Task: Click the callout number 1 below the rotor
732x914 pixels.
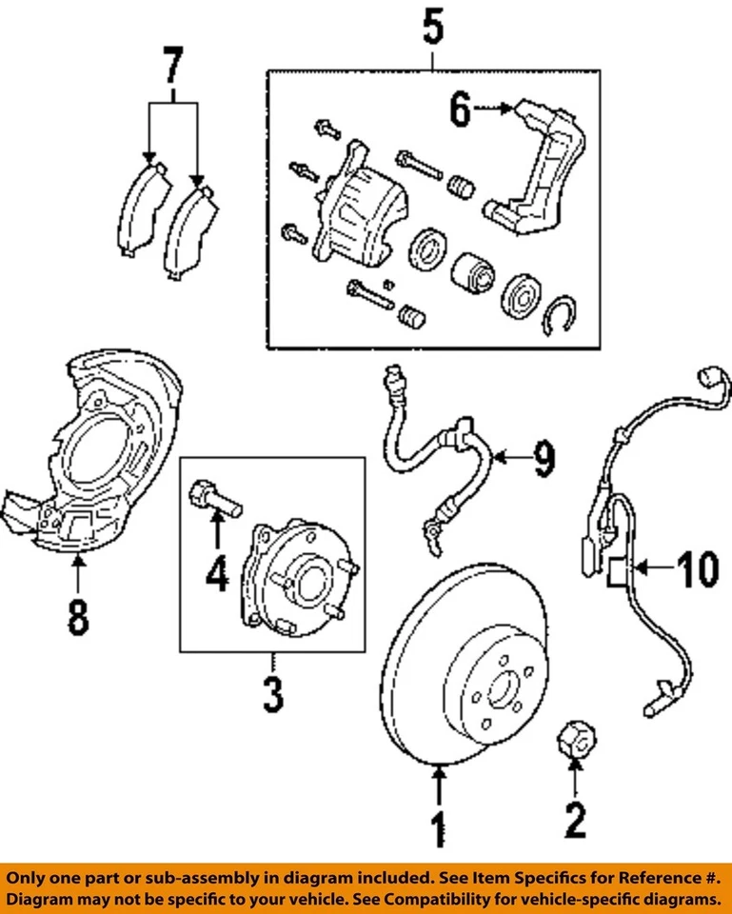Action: [439, 827]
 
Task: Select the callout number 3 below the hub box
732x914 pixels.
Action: [272, 694]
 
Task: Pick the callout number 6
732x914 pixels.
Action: [460, 111]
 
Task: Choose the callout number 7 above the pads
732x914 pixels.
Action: [171, 67]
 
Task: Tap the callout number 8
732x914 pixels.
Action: [77, 614]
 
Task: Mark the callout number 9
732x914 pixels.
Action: [542, 461]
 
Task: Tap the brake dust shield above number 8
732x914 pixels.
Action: [95, 447]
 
